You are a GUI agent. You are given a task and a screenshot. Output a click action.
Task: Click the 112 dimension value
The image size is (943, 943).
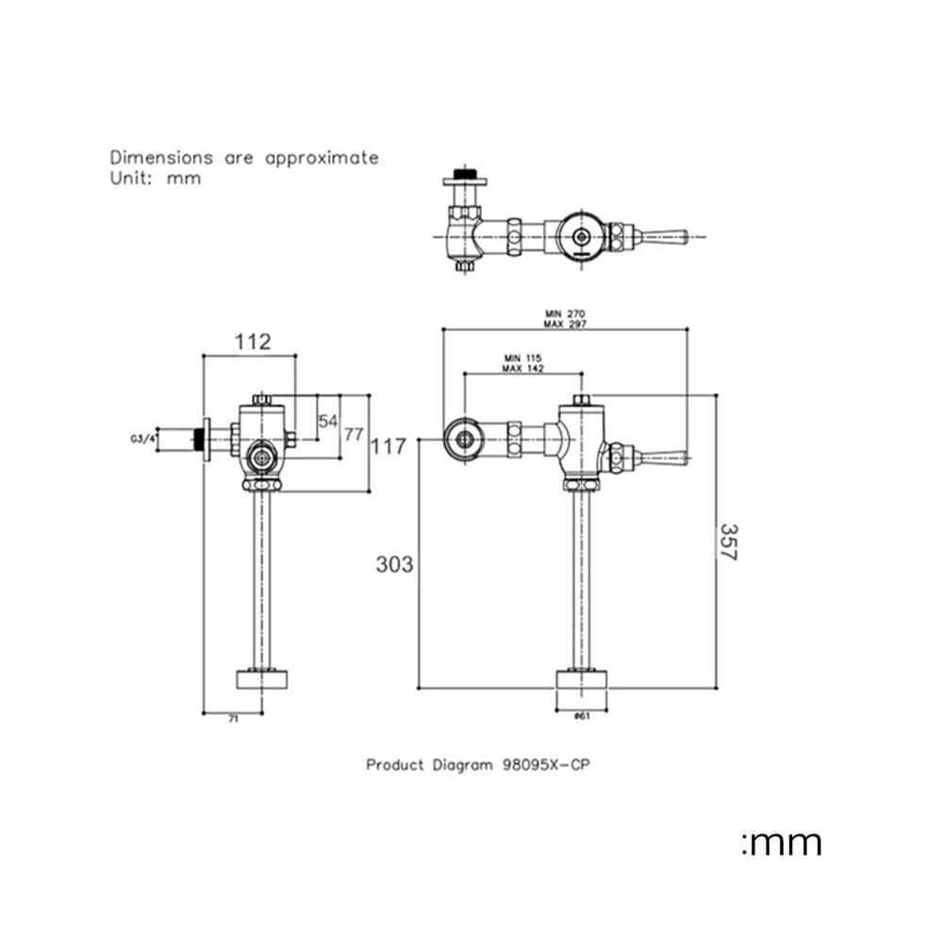point(253,341)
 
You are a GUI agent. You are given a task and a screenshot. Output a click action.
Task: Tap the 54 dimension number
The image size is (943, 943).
point(328,421)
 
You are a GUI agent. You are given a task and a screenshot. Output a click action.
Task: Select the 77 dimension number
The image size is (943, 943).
point(354,434)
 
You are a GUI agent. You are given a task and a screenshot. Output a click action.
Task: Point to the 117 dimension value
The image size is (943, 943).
point(388,446)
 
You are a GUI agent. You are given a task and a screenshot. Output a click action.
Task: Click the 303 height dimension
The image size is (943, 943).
point(394,564)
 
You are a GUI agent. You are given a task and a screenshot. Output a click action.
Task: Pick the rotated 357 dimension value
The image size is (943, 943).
point(728,542)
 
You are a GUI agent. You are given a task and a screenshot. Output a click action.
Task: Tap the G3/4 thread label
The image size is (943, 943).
point(142,439)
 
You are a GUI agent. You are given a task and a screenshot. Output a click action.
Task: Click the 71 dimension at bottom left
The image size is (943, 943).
point(233,719)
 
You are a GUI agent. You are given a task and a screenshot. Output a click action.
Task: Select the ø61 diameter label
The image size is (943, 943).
point(582,716)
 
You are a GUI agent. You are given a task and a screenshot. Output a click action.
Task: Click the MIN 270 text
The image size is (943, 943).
point(565,313)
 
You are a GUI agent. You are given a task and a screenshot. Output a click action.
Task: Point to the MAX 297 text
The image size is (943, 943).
point(565,323)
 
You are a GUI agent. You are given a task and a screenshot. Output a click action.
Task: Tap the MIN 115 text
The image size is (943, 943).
point(522,357)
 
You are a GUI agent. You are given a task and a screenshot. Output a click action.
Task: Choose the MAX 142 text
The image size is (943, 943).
point(522,368)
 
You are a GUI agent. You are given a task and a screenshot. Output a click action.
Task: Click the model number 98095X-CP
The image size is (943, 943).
point(546,765)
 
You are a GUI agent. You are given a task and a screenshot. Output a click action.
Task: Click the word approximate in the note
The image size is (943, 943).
point(322,158)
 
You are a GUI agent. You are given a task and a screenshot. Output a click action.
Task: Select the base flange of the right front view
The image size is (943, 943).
point(581,680)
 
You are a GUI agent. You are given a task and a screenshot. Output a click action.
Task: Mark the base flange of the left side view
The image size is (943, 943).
point(261,680)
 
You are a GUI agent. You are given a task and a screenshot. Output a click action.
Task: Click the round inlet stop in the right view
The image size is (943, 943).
point(464,439)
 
